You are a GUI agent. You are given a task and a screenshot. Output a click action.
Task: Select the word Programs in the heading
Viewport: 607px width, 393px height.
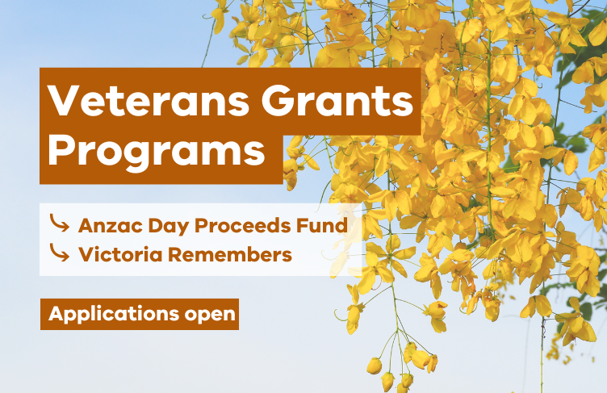click(157, 150)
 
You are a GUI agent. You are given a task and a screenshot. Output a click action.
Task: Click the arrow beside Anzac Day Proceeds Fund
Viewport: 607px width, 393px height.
click(59, 223)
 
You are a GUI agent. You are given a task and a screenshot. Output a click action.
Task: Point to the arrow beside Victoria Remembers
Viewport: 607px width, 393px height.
click(59, 253)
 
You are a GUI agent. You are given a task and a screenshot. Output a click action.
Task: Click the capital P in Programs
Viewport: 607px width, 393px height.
click(63, 150)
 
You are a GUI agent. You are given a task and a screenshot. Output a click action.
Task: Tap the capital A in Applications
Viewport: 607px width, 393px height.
click(56, 313)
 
